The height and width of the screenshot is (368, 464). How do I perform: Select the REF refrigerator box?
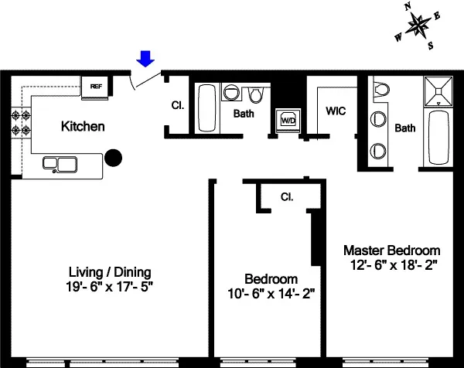(97, 87)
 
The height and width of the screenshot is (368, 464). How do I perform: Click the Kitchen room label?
(83, 126)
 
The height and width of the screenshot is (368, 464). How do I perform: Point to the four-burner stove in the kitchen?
(20, 121)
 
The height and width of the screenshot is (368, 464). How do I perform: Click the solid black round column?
(114, 158)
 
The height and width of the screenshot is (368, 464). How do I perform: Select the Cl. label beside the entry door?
(176, 106)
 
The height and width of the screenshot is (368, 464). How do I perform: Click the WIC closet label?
(336, 111)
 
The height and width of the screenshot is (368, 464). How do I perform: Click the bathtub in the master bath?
(438, 138)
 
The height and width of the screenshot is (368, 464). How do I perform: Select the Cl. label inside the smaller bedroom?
(285, 196)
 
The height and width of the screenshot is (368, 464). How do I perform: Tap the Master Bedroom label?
(392, 250)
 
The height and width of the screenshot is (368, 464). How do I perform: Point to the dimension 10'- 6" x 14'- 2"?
(271, 293)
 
